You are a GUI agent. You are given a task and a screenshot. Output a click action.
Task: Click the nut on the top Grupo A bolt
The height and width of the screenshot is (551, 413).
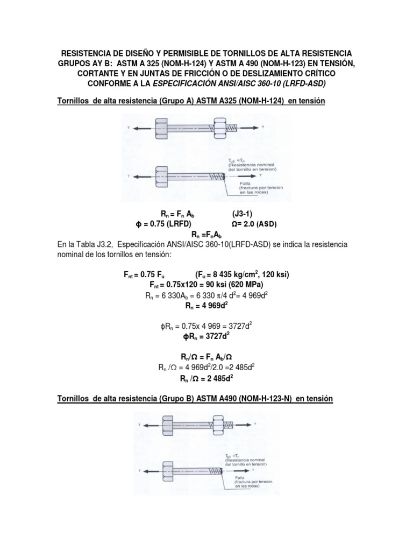coord(220,128)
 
